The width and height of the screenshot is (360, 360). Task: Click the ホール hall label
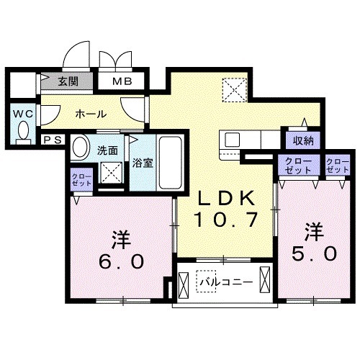pos(91,114)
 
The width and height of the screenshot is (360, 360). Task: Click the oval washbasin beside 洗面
pos(81,145)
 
